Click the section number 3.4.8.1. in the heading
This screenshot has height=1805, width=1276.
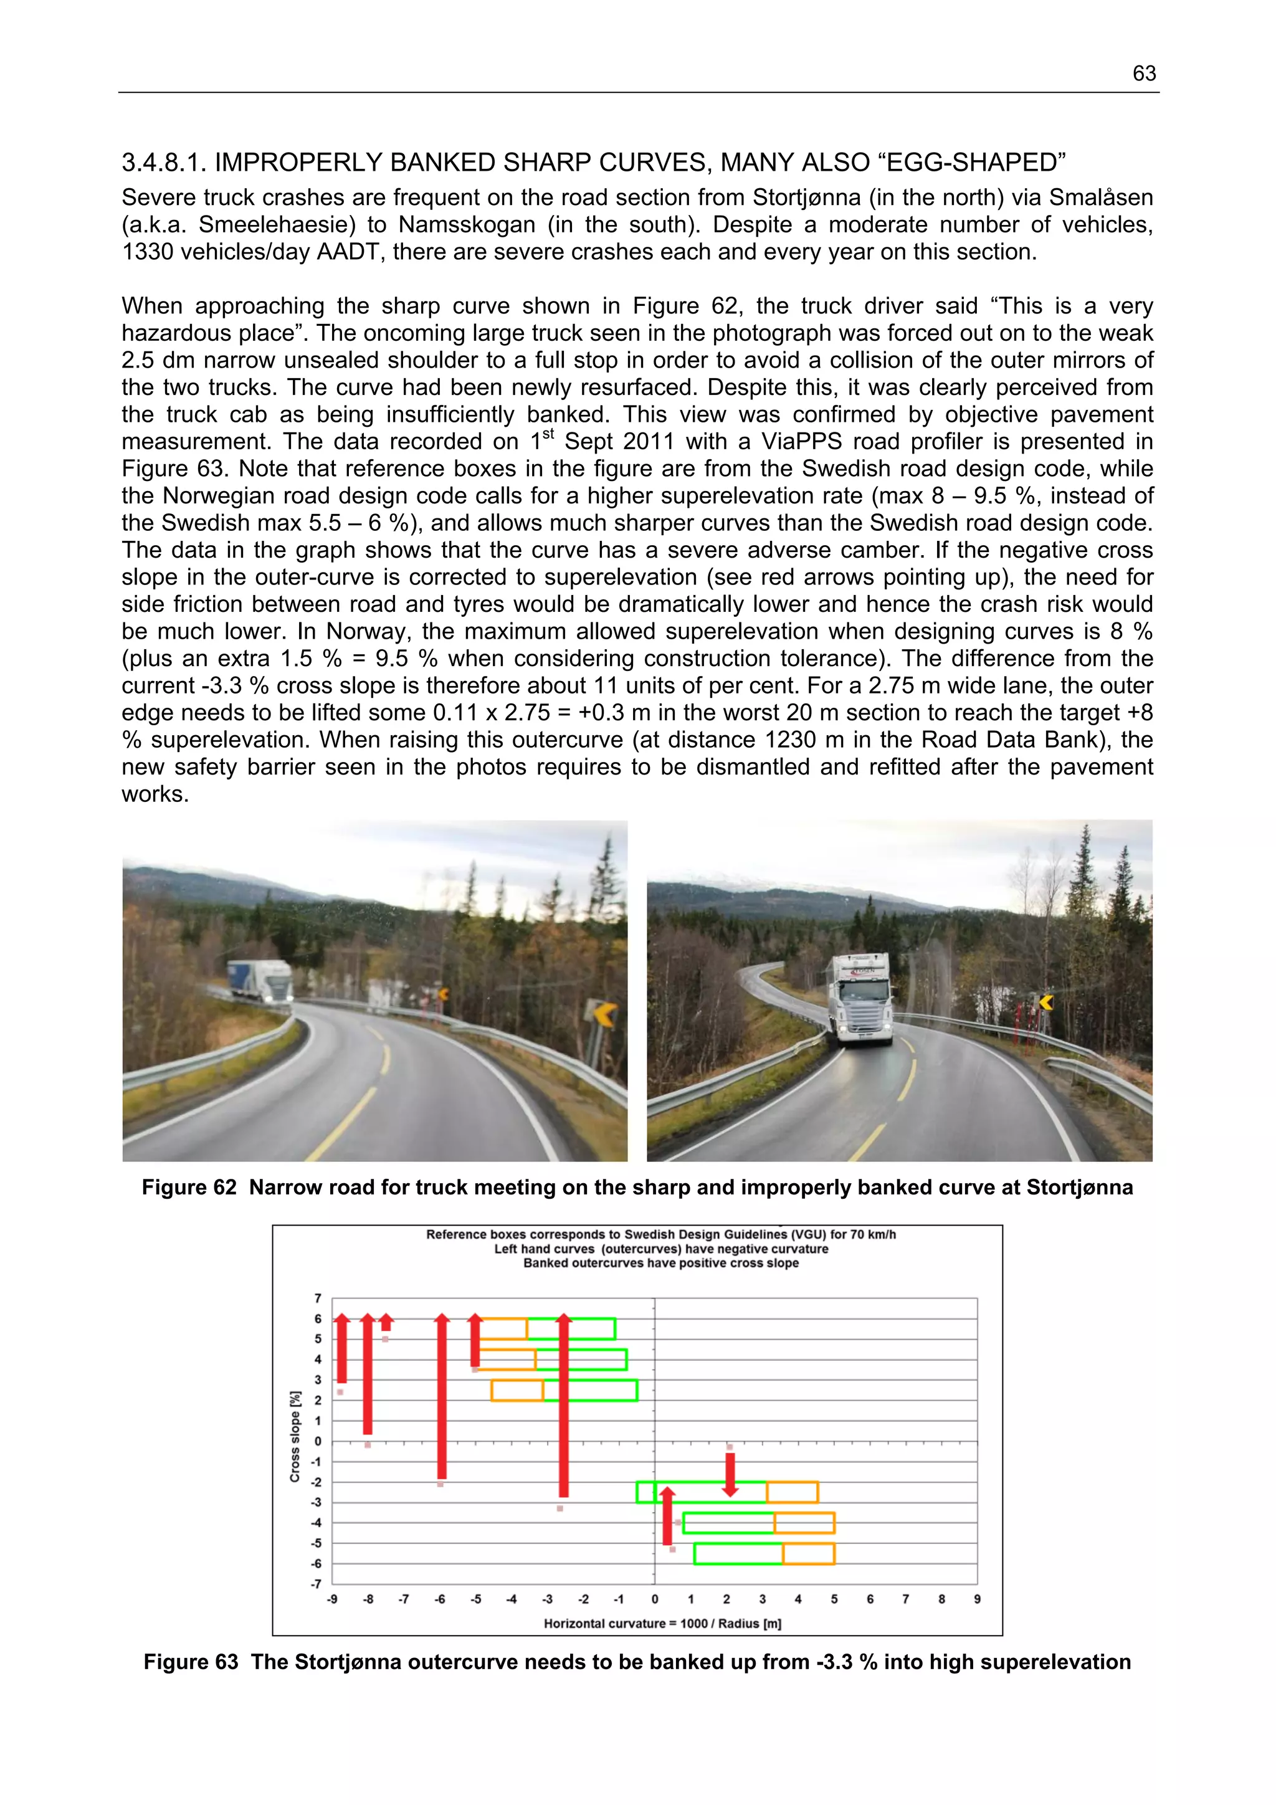[164, 163]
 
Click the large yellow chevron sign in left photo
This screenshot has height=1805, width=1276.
[603, 1014]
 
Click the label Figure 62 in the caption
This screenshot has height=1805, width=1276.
[189, 1187]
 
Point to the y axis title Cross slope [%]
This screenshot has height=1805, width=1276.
[295, 1436]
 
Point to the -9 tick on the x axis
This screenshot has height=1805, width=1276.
[332, 1599]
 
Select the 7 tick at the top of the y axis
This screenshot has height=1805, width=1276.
[318, 1298]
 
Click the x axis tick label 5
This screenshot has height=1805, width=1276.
[834, 1599]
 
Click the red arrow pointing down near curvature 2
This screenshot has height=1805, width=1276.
[730, 1474]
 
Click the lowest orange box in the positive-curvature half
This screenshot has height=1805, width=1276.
[808, 1553]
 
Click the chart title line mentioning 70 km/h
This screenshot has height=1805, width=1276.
[660, 1234]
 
